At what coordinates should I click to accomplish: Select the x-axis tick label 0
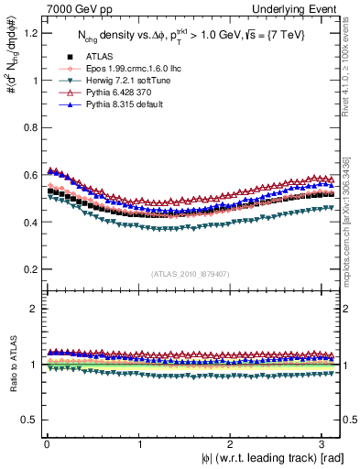(x=46, y=444)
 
